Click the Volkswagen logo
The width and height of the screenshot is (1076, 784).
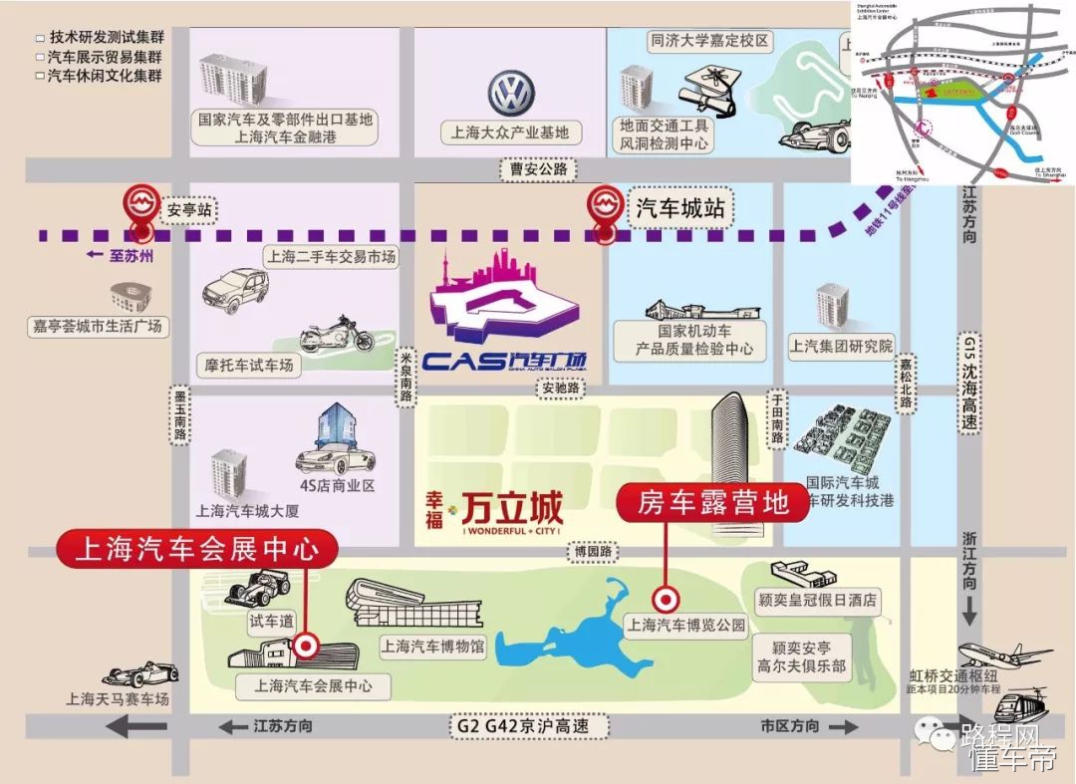coord(511,94)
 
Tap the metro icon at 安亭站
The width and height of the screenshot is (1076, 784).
coord(141,205)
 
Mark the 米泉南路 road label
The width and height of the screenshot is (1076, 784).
coord(405,374)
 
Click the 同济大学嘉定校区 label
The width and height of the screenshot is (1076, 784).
coord(709,42)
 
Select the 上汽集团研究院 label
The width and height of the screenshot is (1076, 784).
coord(841,347)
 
